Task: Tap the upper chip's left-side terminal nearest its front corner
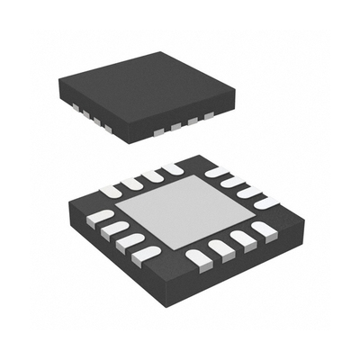[107, 128]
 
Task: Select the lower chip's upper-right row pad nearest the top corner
[216, 171]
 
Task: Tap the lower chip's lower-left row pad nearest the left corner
[103, 217]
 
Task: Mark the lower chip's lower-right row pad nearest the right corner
[264, 230]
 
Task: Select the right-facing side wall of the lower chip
[243, 270]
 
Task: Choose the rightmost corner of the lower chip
[296, 216]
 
